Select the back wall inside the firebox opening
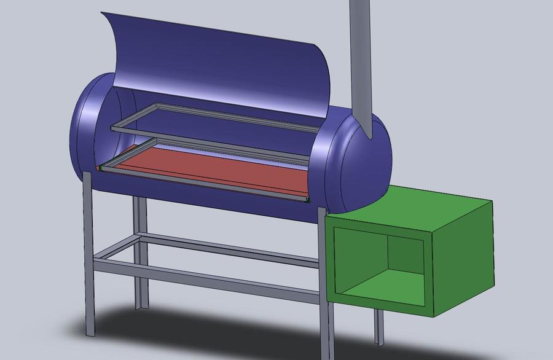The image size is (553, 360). [406, 258]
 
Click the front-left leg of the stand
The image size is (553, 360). [89, 258]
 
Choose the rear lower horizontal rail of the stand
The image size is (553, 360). [233, 248]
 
